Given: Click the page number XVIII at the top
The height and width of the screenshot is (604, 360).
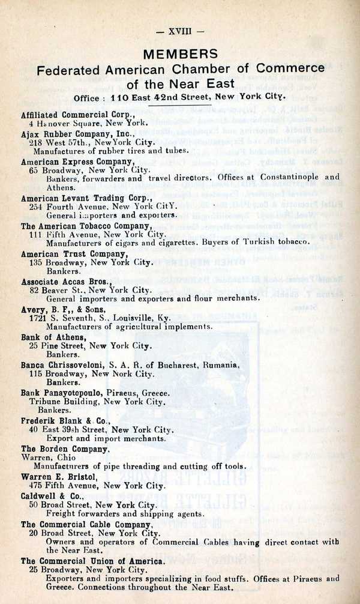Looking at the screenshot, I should [180, 30].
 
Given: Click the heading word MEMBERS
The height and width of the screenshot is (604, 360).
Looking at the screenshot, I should [180, 54].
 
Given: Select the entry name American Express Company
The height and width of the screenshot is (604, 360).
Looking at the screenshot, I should [76, 162].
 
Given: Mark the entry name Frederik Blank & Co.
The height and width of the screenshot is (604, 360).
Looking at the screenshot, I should [65, 421].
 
